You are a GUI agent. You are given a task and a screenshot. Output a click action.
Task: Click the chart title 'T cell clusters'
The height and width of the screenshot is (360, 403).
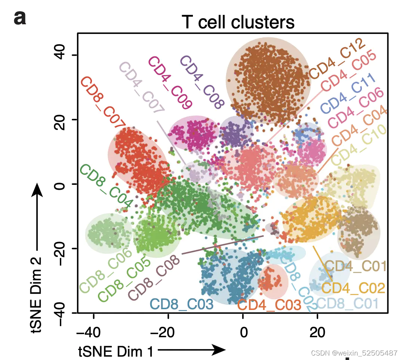point(238,22)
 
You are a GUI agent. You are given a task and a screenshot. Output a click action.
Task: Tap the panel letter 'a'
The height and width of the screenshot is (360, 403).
point(20,18)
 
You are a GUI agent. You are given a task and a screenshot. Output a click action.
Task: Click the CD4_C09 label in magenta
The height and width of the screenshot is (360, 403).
point(170,83)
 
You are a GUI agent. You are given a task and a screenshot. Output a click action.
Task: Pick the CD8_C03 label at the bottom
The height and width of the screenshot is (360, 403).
point(182,305)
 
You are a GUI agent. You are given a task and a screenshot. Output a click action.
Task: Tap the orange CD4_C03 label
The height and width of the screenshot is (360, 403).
point(269,305)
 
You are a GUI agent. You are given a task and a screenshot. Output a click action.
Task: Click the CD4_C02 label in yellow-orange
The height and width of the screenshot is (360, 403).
point(353,288)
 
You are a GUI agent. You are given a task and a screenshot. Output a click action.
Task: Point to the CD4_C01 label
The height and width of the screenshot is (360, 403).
point(356,266)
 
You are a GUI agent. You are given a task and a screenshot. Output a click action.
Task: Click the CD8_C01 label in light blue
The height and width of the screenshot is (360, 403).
point(348,303)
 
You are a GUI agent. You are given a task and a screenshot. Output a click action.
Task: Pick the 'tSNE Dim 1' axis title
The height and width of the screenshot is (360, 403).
point(116,351)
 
